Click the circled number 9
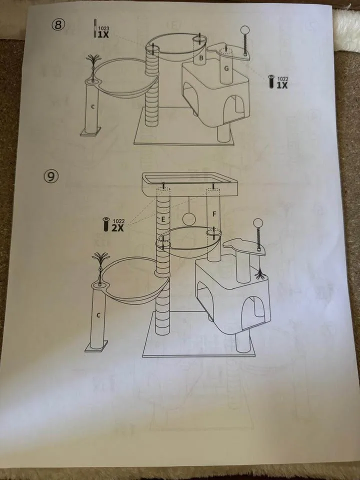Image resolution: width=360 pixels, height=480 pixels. click(51, 176)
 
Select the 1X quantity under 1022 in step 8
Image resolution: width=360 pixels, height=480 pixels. click(282, 84)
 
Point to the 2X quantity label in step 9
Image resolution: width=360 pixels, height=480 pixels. click(117, 227)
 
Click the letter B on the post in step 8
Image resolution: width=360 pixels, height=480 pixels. click(201, 59)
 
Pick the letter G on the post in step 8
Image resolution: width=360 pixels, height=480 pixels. click(226, 69)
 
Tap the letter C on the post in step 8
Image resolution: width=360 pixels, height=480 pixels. click(93, 106)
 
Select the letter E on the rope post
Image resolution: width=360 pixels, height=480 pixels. click(163, 218)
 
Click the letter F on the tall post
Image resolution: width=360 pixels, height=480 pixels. click(214, 214)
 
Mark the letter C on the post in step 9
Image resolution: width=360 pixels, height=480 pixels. click(98, 315)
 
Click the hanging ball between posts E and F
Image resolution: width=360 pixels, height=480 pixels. click(189, 219)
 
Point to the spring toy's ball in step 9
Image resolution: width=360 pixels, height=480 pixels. click(259, 223)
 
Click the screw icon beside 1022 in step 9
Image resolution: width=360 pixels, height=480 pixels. click(106, 224)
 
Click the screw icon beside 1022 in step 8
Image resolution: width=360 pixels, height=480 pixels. click(271, 81)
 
